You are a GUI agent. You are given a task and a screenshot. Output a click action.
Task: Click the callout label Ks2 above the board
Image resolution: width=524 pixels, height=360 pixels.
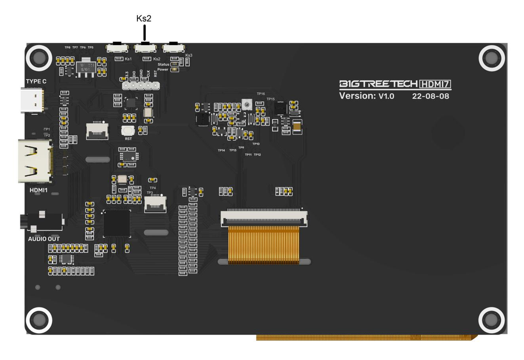[144, 18]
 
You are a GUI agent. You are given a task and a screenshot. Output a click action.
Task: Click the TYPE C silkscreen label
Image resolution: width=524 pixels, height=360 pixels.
[36, 81]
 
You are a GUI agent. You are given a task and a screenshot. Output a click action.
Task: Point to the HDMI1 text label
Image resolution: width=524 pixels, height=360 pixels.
[38, 190]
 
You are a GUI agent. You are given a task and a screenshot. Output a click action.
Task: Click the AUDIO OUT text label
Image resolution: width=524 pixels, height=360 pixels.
[43, 239]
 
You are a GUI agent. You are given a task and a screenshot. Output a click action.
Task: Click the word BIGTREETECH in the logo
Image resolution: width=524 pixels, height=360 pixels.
[377, 84]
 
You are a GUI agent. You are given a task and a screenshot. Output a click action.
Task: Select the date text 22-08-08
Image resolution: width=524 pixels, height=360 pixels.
[430, 96]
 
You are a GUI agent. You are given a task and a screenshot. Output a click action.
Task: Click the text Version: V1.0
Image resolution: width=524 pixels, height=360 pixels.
[366, 96]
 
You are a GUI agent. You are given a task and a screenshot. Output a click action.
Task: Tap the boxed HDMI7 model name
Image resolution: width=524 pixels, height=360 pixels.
[435, 84]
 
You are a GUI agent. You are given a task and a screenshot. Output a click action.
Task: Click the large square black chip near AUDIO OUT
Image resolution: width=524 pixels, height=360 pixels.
[117, 223]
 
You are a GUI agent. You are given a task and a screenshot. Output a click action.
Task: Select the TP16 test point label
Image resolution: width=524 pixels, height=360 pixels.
[260, 94]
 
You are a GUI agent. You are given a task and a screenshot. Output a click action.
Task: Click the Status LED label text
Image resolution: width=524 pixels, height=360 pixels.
[163, 64]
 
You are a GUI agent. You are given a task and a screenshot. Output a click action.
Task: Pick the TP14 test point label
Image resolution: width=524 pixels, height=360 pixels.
[221, 150]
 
